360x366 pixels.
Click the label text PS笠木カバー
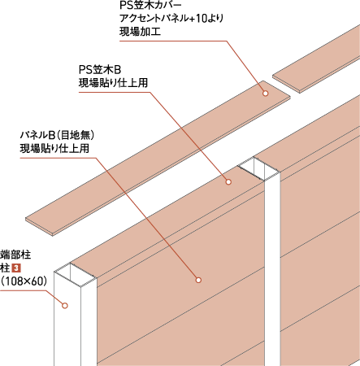click(x=150, y=6)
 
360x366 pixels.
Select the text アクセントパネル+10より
click(x=171, y=19)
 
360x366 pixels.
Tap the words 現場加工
click(x=141, y=32)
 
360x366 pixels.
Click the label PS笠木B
click(x=100, y=70)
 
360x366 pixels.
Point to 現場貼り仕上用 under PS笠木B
click(x=113, y=83)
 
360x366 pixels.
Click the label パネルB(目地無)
click(x=57, y=135)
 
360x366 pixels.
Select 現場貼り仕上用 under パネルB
click(x=54, y=148)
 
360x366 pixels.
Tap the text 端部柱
click(x=15, y=255)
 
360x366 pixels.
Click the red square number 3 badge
click(x=17, y=268)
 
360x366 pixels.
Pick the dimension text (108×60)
click(x=24, y=281)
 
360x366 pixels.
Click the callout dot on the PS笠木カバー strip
click(x=266, y=94)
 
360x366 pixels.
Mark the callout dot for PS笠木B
click(x=228, y=181)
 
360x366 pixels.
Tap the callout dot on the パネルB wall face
click(x=198, y=280)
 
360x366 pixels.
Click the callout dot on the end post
click(x=65, y=306)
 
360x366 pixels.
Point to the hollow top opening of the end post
click(x=76, y=274)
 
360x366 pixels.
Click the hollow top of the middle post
click(x=258, y=168)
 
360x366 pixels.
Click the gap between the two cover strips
click(x=281, y=85)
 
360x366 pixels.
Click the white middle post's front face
click(x=273, y=271)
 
